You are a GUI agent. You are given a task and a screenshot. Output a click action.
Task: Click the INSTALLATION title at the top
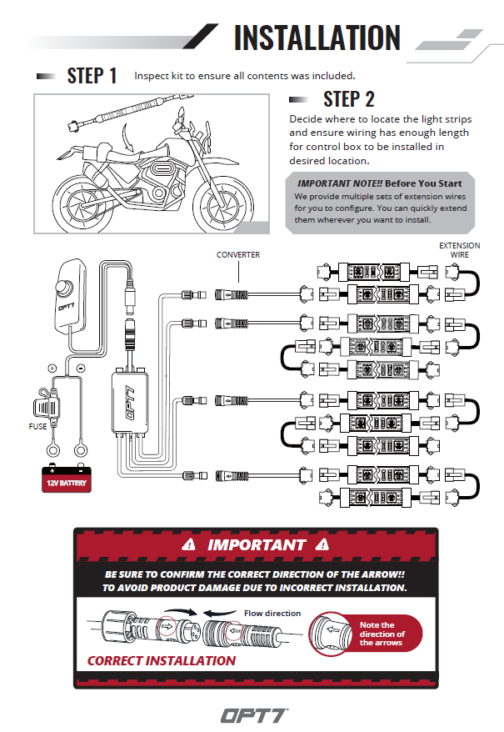(x=317, y=38)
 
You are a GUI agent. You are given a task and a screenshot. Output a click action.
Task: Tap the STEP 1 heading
(x=92, y=76)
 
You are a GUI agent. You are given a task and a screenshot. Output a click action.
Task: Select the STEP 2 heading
(x=348, y=99)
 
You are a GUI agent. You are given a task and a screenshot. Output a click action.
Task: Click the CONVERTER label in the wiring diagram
(x=238, y=254)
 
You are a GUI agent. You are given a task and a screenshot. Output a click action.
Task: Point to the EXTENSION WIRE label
(x=460, y=250)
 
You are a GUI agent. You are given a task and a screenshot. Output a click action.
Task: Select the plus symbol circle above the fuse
(x=52, y=367)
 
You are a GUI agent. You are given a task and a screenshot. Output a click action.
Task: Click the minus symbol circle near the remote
(x=80, y=367)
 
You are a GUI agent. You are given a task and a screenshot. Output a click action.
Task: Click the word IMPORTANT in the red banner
(x=256, y=545)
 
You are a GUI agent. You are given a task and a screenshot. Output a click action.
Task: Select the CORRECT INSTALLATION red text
(x=162, y=660)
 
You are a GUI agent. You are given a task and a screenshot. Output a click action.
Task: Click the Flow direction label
(x=272, y=614)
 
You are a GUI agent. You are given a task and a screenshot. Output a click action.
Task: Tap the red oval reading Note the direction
(x=377, y=634)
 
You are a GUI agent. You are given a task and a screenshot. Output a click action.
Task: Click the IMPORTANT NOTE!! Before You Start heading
(x=379, y=183)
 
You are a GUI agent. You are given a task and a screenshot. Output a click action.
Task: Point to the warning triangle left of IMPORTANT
(x=190, y=545)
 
